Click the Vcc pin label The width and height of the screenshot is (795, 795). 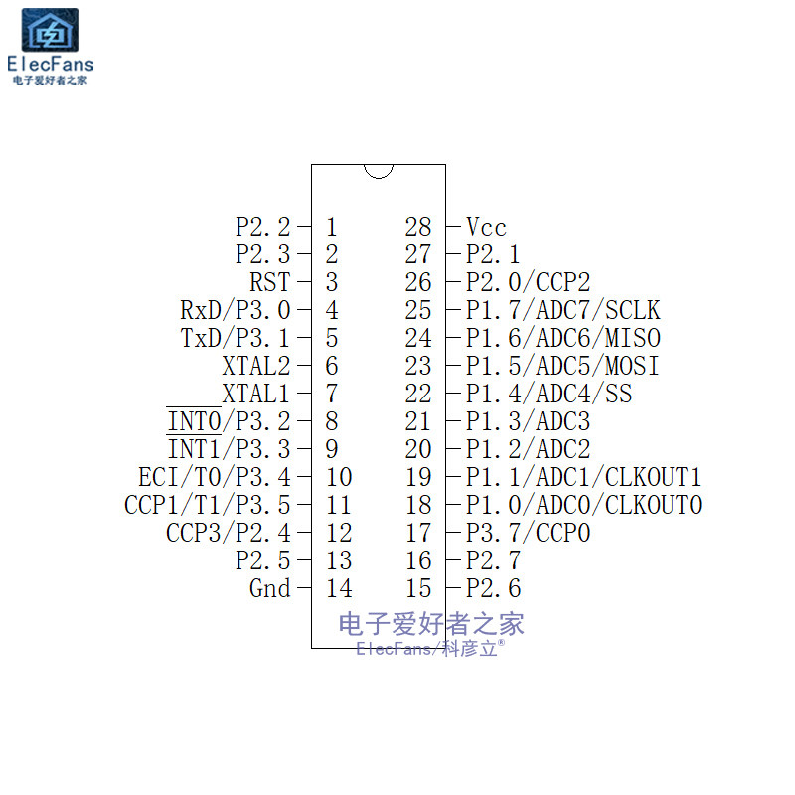tap(486, 228)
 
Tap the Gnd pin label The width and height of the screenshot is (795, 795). tap(269, 588)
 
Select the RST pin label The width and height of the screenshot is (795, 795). tap(269, 283)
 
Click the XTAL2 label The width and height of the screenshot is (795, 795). tap(255, 366)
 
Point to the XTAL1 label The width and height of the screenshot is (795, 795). tap(255, 394)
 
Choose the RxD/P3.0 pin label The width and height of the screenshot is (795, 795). tap(235, 311)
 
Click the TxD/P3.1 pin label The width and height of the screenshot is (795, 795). tap(236, 338)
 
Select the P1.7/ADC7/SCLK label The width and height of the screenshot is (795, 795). tap(562, 311)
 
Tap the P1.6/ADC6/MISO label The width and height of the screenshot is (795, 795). tap(562, 338)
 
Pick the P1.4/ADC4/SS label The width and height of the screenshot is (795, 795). tap(549, 394)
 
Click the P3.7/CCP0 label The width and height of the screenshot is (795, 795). tap(528, 533)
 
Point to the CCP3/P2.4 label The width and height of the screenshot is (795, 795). tap(229, 533)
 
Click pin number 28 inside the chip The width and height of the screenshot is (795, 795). tap(418, 228)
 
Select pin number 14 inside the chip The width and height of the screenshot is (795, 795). tap(338, 588)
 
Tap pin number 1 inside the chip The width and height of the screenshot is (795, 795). tap(331, 228)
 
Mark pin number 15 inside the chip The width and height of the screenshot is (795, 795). tap(418, 588)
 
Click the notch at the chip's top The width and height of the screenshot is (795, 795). tap(379, 170)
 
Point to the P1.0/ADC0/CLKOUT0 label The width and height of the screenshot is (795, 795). tap(583, 505)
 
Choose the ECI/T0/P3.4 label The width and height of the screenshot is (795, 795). tap(215, 477)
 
